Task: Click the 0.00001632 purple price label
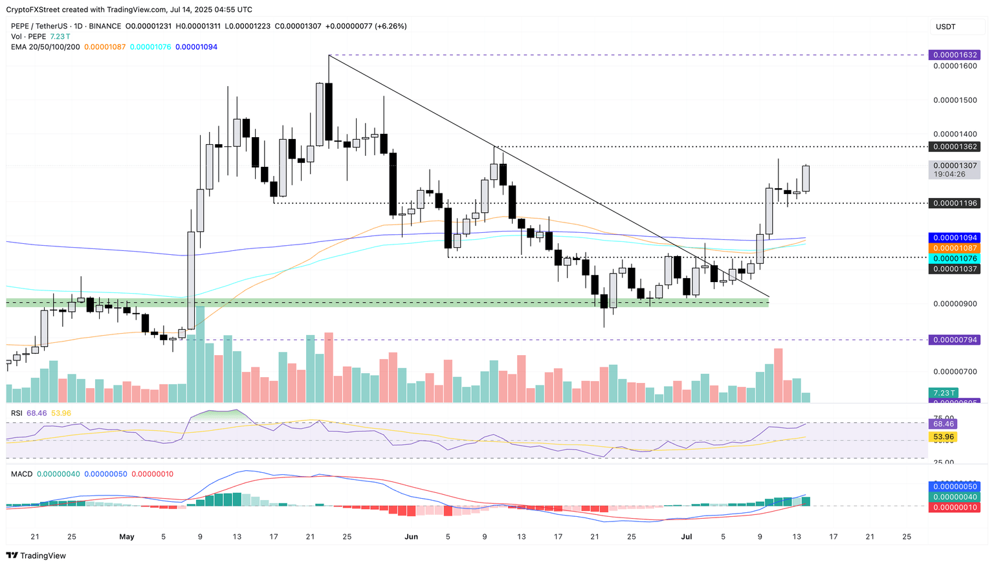tap(953, 55)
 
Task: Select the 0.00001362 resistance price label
tap(953, 147)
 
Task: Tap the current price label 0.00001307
tap(953, 166)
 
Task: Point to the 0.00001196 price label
tap(953, 203)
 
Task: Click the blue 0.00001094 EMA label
tap(953, 238)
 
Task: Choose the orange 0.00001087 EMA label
tap(953, 248)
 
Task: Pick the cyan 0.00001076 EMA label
tap(953, 259)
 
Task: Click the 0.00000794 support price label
tap(953, 340)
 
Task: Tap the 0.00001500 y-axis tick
tap(955, 100)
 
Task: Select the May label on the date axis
tap(127, 537)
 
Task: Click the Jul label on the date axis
tap(687, 537)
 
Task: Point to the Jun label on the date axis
tap(410, 537)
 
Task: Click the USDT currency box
tap(945, 27)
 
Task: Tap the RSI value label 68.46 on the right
tap(943, 424)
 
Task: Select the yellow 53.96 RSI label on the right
tap(943, 437)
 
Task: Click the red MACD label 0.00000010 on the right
tap(953, 508)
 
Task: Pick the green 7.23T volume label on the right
tap(943, 393)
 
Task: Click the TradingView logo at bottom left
tap(36, 556)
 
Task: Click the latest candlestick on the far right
tap(806, 179)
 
